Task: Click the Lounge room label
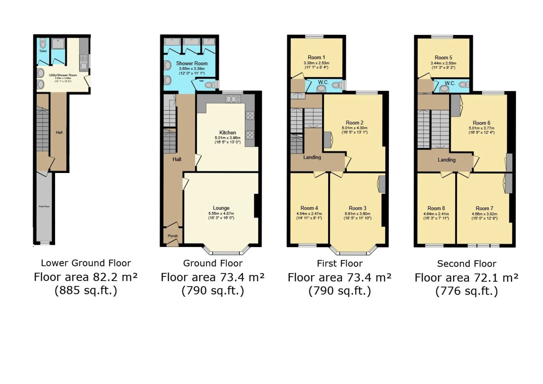point(221,208)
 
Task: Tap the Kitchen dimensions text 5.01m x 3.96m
point(228,138)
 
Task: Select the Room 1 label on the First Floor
point(316,57)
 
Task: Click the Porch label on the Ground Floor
point(173,236)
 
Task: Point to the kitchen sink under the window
point(233,99)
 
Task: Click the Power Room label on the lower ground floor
point(44,206)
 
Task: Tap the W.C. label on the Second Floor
point(450,83)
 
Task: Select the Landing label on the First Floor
point(312,157)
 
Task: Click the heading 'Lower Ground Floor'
point(86,263)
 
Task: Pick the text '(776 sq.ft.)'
point(466,291)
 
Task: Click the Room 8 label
point(436,208)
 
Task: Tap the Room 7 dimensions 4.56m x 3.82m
point(484,214)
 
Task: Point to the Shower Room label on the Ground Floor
point(192,63)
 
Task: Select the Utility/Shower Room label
point(63,75)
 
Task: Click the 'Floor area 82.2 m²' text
point(86,277)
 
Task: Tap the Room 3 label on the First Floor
point(357,208)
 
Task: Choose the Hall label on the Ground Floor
point(177,159)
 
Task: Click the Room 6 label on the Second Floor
point(481,123)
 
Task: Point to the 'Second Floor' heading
point(466,263)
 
